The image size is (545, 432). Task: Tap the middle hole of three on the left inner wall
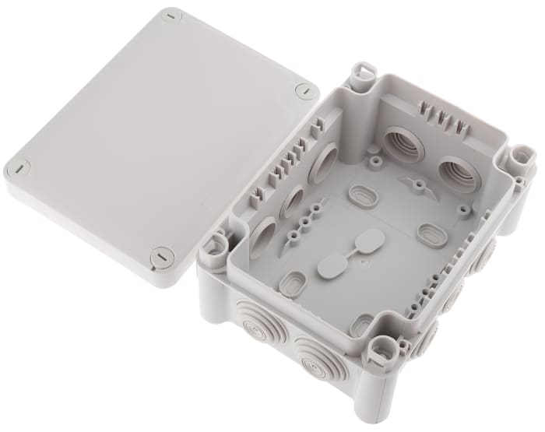tap(293, 202)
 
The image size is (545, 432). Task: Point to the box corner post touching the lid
tap(213, 248)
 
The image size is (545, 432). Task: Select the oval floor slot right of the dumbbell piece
tap(431, 234)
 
